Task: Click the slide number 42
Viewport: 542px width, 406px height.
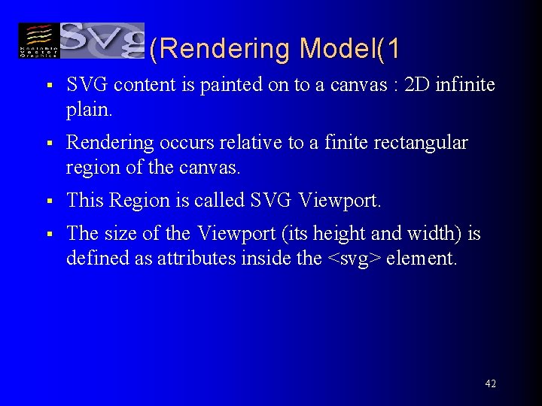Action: coord(490,383)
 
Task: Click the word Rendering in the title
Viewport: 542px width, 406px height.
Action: coord(224,49)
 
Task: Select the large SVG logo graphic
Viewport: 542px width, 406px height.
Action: coord(102,39)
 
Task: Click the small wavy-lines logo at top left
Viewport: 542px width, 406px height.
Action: coord(38,41)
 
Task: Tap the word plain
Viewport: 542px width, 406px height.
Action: coord(89,110)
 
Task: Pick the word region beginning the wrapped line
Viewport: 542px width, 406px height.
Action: coord(90,168)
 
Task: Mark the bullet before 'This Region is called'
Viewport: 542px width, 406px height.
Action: coord(47,201)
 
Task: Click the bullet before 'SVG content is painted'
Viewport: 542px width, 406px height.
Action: coord(47,86)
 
